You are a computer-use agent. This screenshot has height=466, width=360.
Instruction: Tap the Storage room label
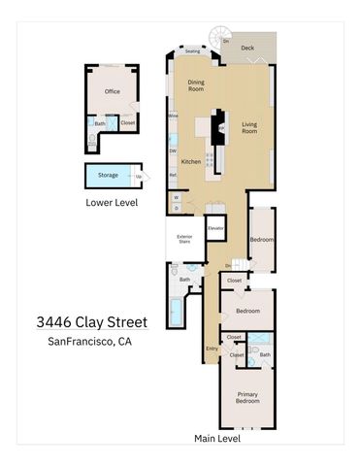pos(108,176)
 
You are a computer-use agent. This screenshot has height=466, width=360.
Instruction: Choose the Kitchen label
pos(191,161)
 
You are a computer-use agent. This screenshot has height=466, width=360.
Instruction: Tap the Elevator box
pos(215,229)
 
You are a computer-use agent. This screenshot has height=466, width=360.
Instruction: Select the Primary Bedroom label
pos(248,397)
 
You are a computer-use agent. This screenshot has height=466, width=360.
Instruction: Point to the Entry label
pos(212,349)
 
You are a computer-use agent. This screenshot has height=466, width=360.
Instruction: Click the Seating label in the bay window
pos(192,51)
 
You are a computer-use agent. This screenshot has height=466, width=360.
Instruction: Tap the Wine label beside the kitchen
pos(173,116)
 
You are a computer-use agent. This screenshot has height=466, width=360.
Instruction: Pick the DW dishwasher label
pos(173,150)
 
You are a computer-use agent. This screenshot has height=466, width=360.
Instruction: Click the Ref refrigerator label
pos(173,176)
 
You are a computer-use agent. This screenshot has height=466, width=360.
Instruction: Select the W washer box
pos(177,197)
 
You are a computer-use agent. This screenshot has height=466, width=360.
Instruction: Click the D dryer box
pos(177,208)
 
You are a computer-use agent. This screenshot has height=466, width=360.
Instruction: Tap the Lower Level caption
pos(112,204)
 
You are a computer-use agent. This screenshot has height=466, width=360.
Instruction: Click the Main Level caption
pos(217,439)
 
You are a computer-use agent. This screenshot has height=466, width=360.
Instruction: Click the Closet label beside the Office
pos(128,123)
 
